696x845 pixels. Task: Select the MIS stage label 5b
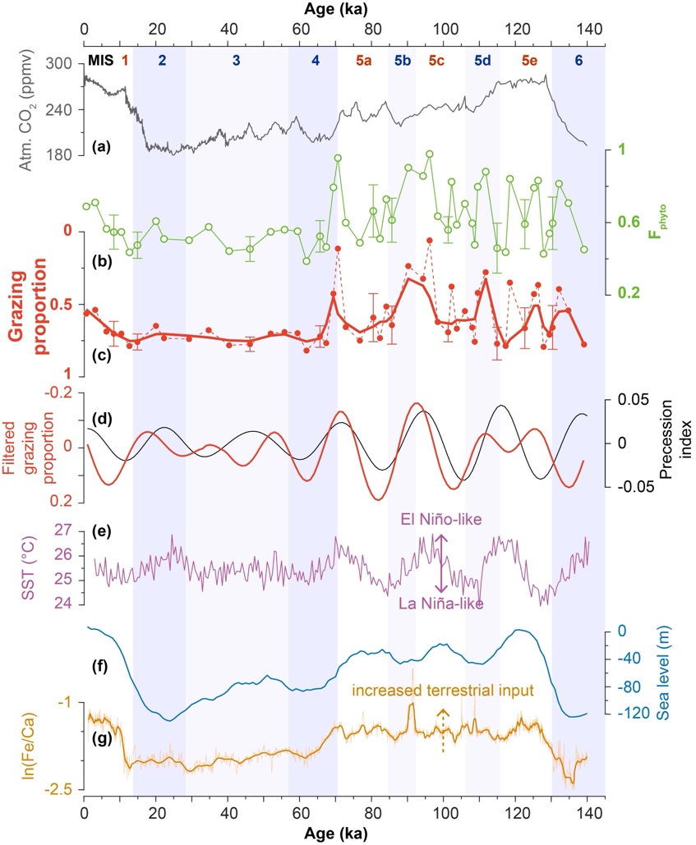tap(403, 60)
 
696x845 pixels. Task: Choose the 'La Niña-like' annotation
tap(440, 603)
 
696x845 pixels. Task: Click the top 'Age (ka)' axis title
tap(344, 8)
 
